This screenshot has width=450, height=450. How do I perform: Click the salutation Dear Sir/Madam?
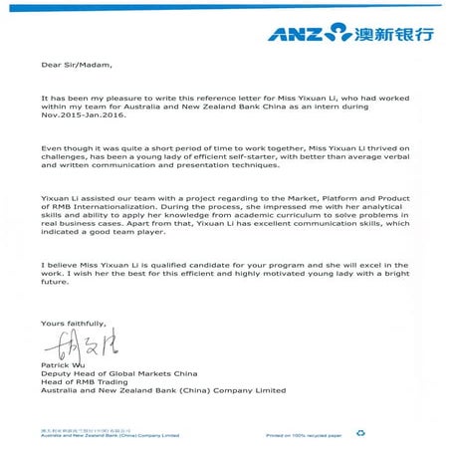coord(72,68)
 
